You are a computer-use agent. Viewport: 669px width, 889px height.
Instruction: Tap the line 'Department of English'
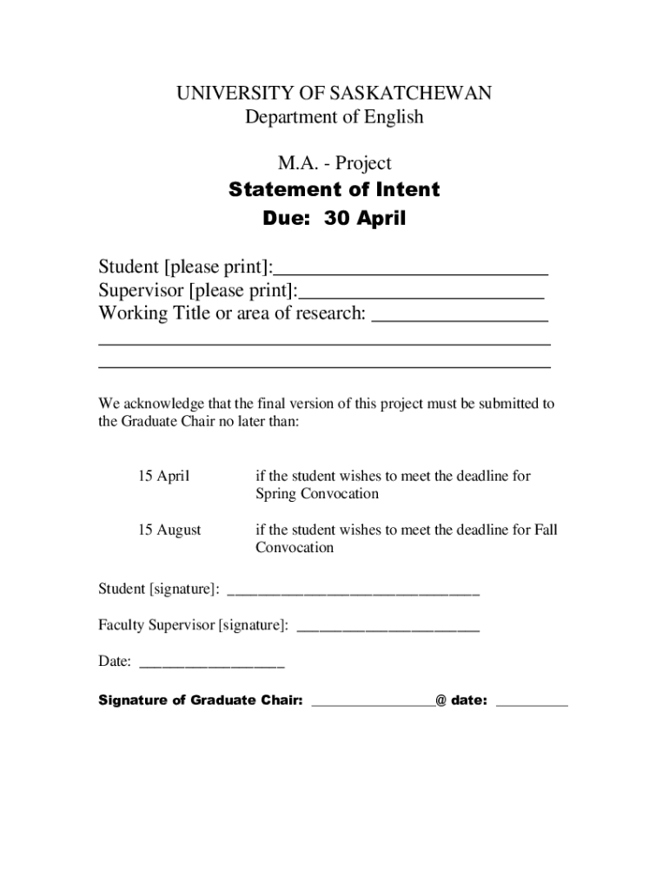(334, 116)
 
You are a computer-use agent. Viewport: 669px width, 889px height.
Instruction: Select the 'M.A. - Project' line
(334, 163)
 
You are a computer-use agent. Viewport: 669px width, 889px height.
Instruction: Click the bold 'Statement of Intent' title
(334, 189)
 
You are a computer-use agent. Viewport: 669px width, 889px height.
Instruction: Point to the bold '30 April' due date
(365, 219)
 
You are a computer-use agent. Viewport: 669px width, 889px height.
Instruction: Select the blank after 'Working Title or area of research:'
(460, 317)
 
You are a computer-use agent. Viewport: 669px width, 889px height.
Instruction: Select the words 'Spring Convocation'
(317, 494)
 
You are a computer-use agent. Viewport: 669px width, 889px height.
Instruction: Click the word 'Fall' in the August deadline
(546, 530)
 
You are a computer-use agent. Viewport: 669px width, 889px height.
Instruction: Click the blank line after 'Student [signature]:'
(353, 593)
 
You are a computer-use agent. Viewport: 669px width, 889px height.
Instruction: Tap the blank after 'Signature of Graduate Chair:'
(373, 704)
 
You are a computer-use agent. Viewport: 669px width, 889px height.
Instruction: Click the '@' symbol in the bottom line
(441, 701)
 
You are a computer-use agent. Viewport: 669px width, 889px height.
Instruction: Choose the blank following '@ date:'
(532, 704)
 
